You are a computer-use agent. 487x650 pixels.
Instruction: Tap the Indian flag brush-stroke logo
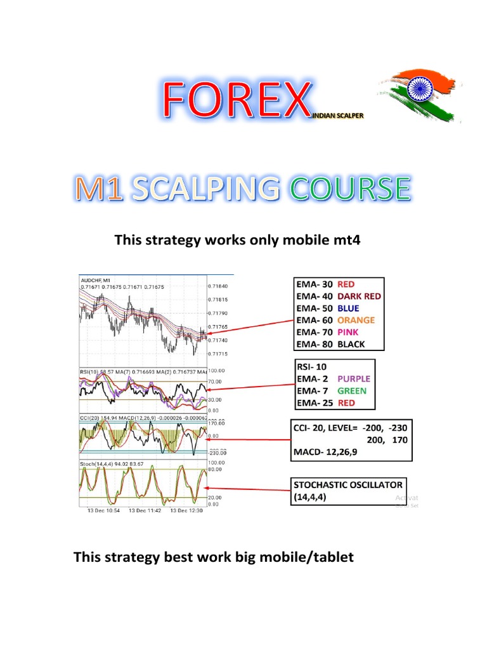(415, 99)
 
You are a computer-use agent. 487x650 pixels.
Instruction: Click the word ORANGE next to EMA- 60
(356, 320)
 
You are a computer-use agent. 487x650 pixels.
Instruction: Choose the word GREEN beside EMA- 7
(352, 390)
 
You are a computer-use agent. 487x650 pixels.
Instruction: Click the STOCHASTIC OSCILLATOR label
(348, 484)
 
